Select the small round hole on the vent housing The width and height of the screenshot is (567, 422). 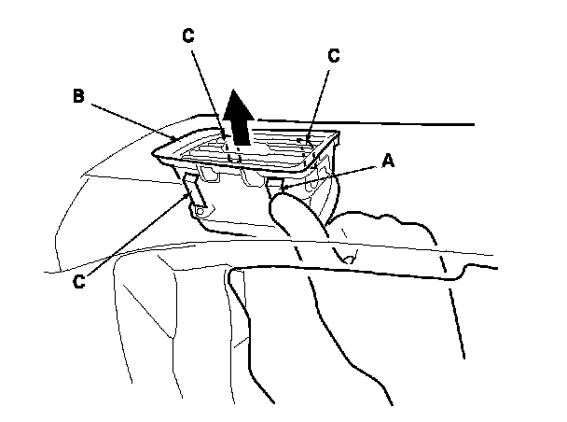tap(200, 214)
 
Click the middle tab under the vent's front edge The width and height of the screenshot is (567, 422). tap(250, 178)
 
